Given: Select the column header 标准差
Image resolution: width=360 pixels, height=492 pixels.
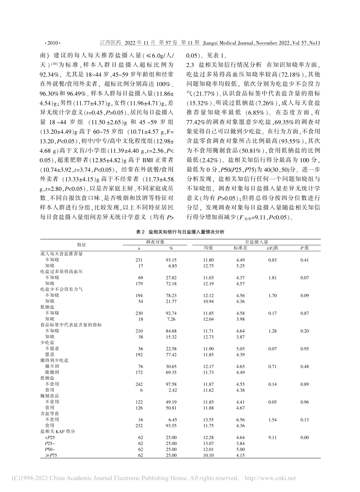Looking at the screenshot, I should (240, 248).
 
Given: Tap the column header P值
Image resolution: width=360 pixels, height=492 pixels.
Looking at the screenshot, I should (304, 248).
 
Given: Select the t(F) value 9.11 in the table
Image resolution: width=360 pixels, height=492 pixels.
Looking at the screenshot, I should (272, 438).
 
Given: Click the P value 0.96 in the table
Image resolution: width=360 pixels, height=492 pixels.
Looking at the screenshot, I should (304, 402).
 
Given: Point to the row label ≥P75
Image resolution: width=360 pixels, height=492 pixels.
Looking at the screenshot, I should (50, 456).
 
